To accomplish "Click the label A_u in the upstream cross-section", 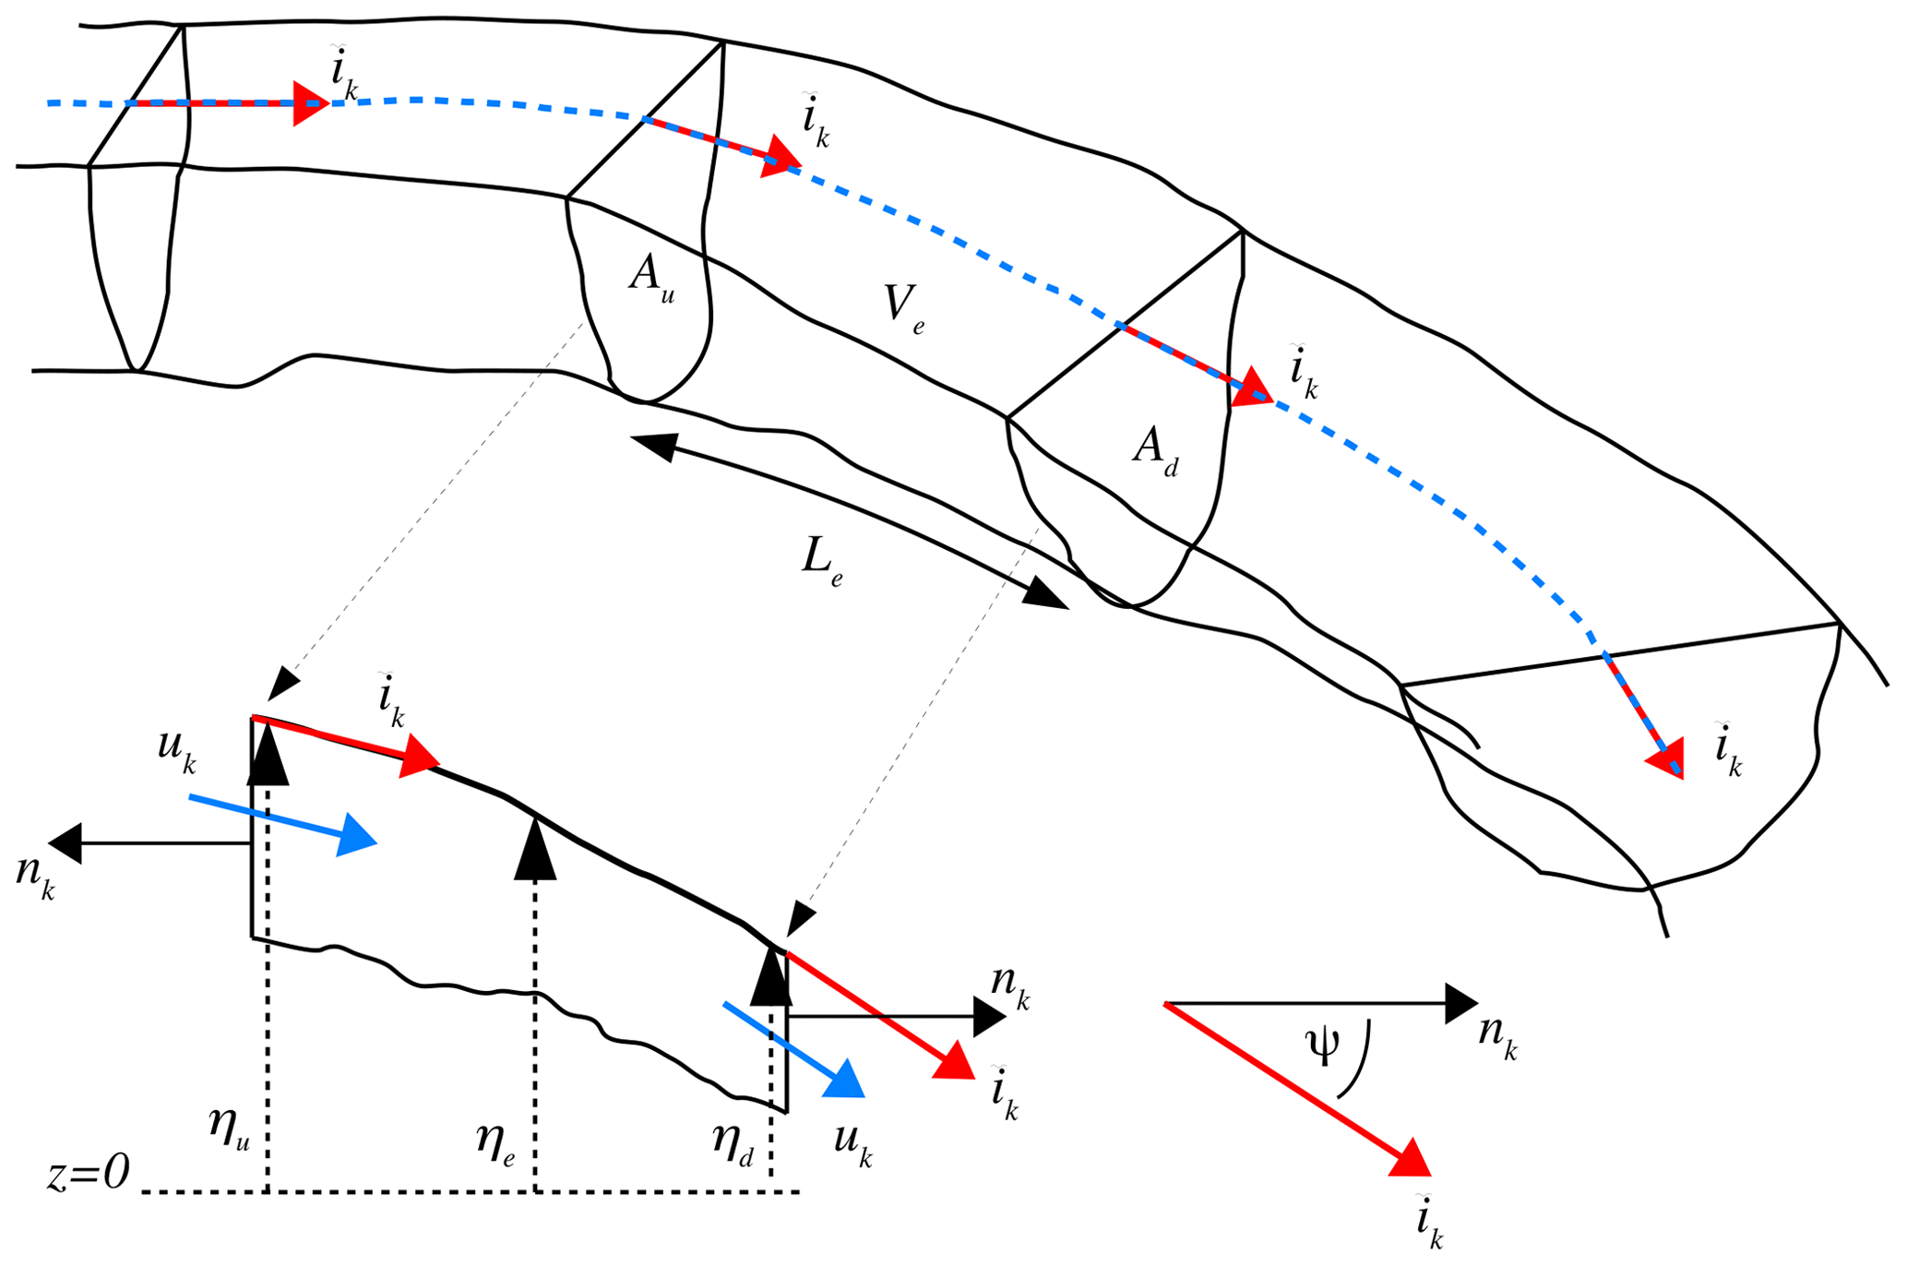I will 651,276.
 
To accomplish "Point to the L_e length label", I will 822,562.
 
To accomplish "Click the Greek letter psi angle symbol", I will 1323,1047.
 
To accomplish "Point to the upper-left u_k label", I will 177,751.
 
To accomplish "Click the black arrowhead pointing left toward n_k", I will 66,843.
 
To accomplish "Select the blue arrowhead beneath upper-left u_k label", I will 356,836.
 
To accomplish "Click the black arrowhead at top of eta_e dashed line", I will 535,849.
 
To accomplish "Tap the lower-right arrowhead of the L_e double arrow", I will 1046,594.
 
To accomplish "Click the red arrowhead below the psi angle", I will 1409,1159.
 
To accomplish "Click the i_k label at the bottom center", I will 1003,1093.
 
